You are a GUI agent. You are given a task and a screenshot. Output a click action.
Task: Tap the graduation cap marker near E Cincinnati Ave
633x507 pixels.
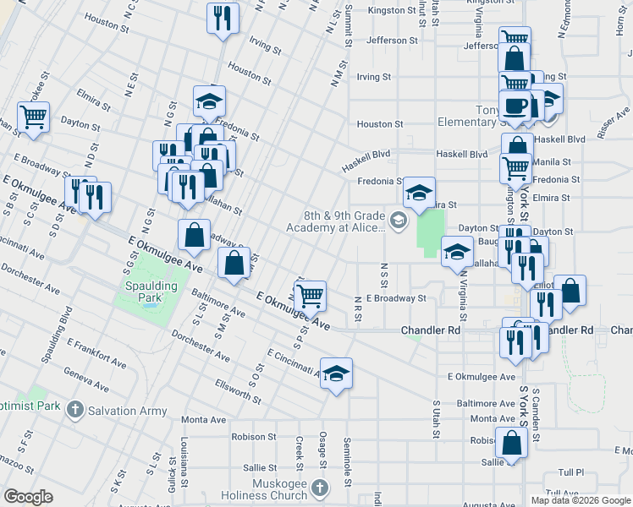336,373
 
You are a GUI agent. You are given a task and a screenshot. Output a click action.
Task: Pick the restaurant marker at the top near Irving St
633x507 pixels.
223,19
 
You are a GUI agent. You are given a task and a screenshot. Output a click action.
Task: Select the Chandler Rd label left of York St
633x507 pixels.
430,330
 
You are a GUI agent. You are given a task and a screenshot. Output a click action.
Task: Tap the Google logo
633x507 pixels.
29,497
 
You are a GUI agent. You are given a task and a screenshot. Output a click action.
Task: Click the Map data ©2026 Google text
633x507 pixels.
580,500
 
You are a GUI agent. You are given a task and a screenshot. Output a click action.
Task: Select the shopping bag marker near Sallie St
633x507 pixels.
512,443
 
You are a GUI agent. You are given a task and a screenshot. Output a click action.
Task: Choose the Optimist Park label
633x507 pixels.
30,406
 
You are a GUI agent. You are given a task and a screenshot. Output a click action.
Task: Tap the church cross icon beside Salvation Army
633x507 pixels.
74,410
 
